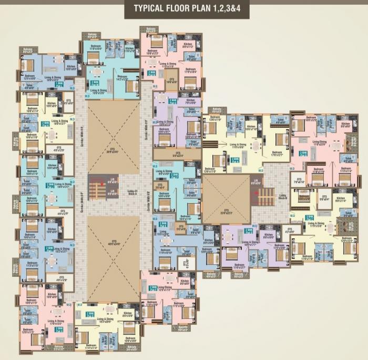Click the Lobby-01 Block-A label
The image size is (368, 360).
(x=132, y=192)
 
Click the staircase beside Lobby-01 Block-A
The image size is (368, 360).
(x=97, y=187)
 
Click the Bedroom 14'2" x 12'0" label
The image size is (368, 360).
(x=122, y=77)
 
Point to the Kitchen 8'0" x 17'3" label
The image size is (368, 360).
(x=188, y=47)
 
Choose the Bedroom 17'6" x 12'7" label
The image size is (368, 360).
(x=277, y=154)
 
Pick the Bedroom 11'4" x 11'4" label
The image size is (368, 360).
(x=90, y=346)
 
